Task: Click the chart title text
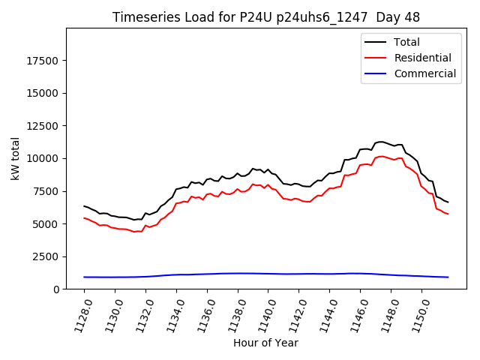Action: tap(266, 17)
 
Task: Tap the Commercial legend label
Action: tap(424, 73)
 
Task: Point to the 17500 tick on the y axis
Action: tap(42, 61)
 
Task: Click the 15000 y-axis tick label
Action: tap(42, 93)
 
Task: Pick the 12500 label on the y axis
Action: tap(42, 126)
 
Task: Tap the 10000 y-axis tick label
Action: tap(42, 158)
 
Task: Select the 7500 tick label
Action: tap(45, 191)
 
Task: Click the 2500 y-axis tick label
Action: tap(45, 256)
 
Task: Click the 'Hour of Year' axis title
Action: tap(265, 343)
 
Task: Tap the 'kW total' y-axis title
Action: tap(15, 158)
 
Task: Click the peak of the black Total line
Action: tap(381, 141)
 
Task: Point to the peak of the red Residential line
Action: tap(381, 156)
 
